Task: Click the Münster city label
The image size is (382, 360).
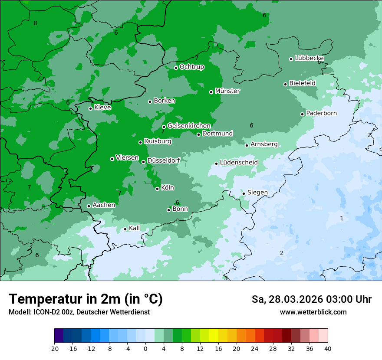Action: [x=227, y=91]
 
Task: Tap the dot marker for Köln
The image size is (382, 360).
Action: [x=158, y=189]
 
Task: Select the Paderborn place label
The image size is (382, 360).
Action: [x=321, y=113]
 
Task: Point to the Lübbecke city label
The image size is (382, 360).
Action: [x=309, y=58]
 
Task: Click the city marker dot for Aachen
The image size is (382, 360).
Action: [x=89, y=206]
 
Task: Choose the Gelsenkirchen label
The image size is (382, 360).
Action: [x=189, y=126]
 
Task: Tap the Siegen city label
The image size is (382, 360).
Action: [x=257, y=193]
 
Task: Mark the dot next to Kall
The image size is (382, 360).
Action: [x=125, y=229]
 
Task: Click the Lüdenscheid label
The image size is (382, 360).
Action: [x=239, y=163]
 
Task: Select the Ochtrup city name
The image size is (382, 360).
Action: [x=191, y=67]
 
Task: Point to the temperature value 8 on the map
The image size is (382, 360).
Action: [x=35, y=23]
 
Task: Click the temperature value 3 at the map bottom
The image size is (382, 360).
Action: [x=226, y=278]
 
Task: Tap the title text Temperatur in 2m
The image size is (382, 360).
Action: [x=86, y=299]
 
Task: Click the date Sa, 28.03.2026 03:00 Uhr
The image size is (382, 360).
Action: [x=311, y=299]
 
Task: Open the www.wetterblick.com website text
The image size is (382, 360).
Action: [x=313, y=312]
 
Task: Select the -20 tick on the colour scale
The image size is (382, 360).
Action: [x=54, y=348]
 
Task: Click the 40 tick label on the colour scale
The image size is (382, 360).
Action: [x=328, y=348]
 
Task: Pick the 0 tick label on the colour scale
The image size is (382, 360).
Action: [x=145, y=348]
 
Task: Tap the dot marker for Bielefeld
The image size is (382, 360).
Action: [x=286, y=84]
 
